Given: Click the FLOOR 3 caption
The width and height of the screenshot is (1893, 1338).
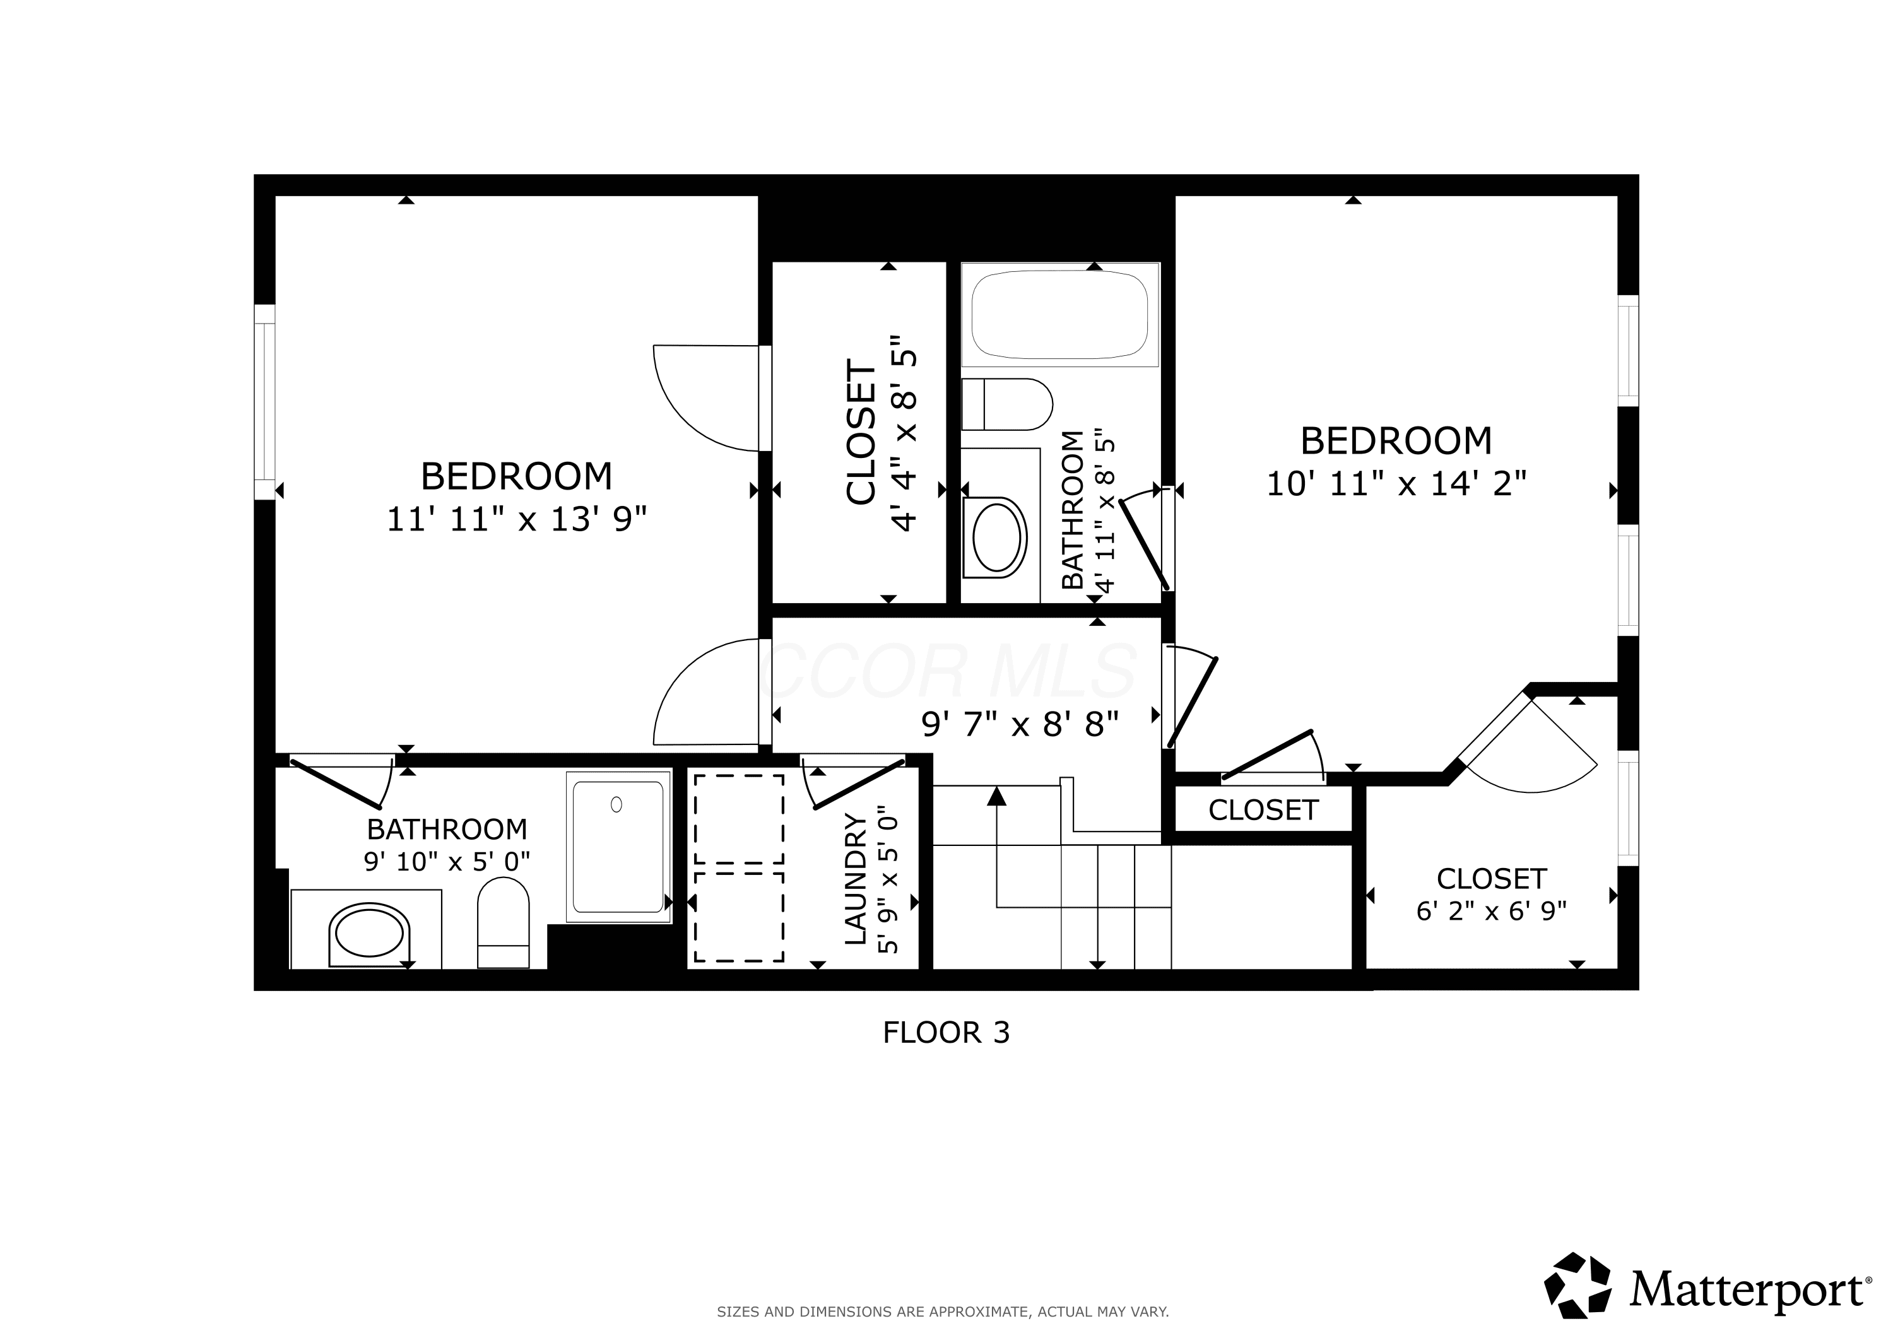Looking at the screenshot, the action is coord(946,1032).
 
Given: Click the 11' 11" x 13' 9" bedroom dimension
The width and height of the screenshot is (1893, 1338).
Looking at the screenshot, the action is coord(517,519).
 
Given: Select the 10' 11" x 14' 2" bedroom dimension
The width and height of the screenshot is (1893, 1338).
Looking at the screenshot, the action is coord(1396,484).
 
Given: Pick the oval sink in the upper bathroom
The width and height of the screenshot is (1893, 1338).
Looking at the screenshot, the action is coord(998,537).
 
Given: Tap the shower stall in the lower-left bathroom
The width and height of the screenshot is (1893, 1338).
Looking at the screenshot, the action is coord(618,847).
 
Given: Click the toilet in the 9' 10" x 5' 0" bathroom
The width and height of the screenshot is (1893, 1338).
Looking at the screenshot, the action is coord(503,922).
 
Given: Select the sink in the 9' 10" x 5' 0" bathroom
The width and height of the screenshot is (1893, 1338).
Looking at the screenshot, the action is coord(369,934).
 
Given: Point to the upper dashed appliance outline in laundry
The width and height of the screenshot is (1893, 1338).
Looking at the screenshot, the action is coord(739,819).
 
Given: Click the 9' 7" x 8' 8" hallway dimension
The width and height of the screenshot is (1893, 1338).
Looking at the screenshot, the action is coord(1020,724).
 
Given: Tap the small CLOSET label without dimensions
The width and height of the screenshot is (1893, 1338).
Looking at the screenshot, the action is coord(1263,811).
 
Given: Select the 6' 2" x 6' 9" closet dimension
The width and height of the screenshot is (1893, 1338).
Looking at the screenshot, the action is coord(1492,911).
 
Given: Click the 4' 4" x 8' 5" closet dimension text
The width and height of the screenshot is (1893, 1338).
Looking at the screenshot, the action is coord(904,433).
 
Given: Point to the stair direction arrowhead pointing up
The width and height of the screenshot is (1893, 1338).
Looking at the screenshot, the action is coord(998,795).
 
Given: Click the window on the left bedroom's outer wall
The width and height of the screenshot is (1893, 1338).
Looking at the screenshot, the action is coord(264,402).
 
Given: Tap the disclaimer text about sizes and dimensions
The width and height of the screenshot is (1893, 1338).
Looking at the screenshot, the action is coord(942,1312).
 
